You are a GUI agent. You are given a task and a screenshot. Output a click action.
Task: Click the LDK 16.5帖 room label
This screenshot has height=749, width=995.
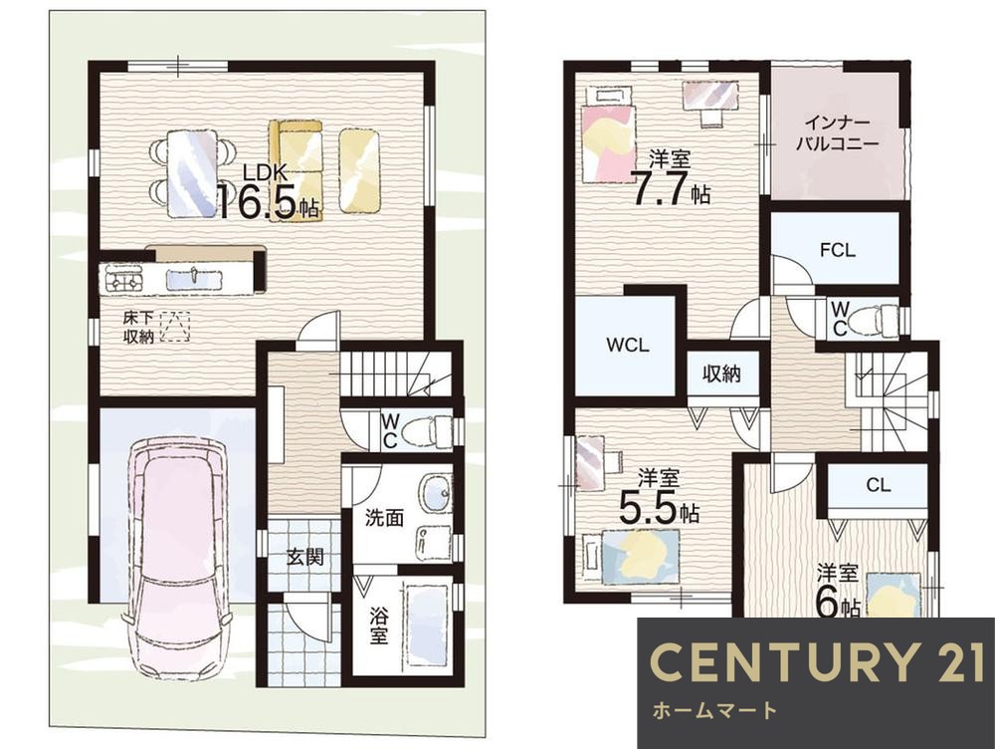coord(269,192)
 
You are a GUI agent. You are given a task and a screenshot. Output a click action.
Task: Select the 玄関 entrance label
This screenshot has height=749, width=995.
coord(305,557)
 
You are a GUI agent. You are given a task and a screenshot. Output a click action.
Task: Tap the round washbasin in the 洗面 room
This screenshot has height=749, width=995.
coord(436,492)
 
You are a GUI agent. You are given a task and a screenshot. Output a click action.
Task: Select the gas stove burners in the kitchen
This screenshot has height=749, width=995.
coord(124,280)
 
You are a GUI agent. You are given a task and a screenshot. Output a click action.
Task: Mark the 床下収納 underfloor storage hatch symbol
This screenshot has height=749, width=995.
coord(174,327)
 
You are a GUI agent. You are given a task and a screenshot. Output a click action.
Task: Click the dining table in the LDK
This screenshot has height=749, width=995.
coord(192,172)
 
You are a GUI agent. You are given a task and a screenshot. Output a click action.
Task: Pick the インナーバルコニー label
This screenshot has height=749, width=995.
coord(837,132)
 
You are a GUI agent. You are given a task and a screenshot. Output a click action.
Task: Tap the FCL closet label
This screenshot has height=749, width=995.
coord(838,250)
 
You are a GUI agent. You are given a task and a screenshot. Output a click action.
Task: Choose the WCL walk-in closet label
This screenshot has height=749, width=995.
coord(628,345)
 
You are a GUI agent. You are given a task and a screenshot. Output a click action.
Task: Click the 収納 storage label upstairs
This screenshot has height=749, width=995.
coord(722,374)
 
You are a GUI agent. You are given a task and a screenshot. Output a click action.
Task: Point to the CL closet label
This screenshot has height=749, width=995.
coord(879,485)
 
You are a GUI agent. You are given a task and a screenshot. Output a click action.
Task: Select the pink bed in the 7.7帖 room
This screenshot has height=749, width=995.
coord(608,135)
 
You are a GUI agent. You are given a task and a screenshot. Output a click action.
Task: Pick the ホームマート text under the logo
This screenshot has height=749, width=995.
coord(714,709)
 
